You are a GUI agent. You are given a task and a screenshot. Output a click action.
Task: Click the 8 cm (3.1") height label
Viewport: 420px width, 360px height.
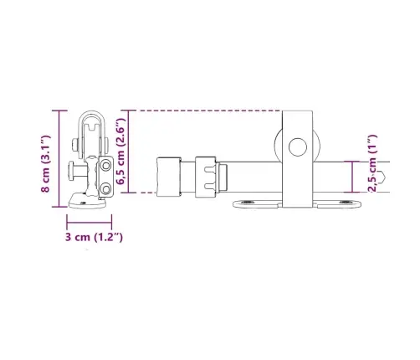click(x=46, y=163)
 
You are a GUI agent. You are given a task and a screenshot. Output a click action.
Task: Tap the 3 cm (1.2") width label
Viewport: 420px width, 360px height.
click(x=94, y=237)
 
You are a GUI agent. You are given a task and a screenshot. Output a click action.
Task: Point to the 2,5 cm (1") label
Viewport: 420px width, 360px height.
click(x=372, y=163)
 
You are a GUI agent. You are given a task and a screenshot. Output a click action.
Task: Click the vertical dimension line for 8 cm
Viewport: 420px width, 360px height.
click(x=59, y=159)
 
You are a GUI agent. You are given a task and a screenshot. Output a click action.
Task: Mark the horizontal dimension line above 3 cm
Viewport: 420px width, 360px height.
click(x=90, y=223)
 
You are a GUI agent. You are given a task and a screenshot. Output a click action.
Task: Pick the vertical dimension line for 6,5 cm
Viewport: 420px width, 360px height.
click(x=128, y=152)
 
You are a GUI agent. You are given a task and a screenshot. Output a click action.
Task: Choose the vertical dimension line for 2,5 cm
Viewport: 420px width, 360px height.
click(x=352, y=177)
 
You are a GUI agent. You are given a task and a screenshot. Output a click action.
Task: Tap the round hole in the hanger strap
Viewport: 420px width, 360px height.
click(x=298, y=147)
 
